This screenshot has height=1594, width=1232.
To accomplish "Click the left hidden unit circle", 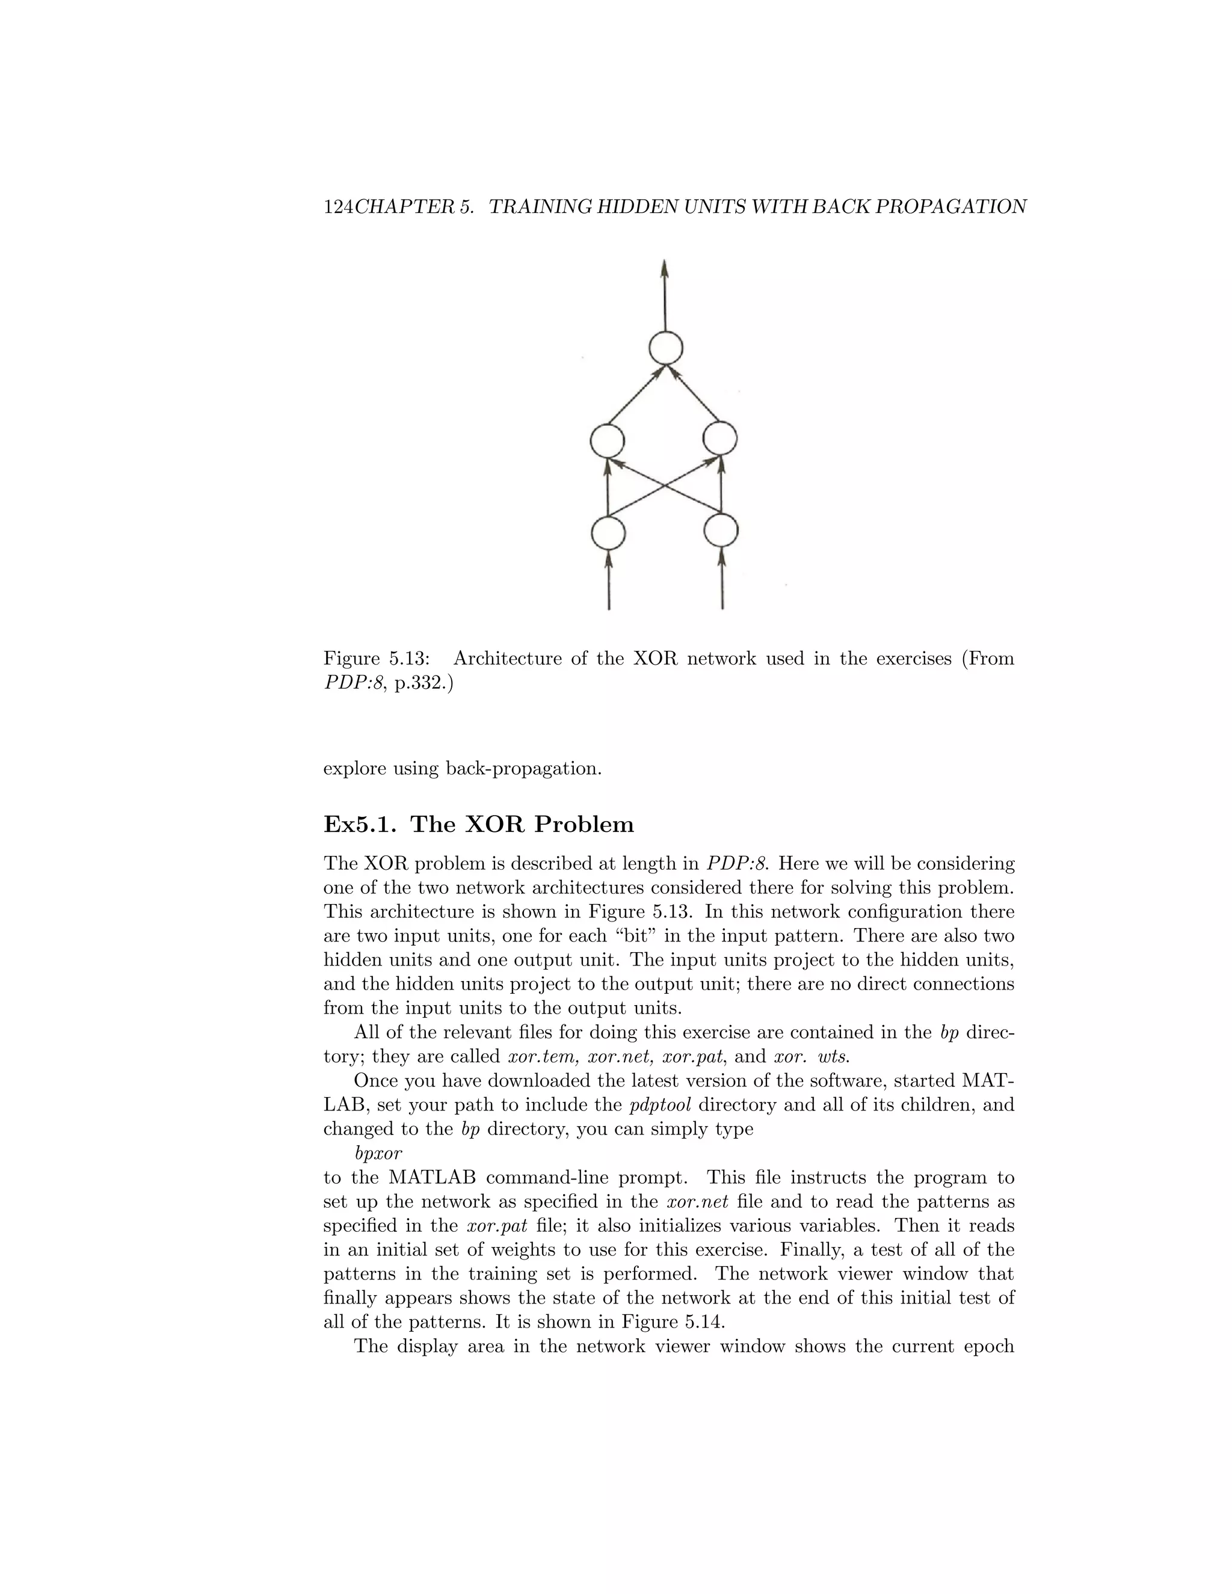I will coord(607,441).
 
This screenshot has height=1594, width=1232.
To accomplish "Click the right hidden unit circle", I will coord(719,439).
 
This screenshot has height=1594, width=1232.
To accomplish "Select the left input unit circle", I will coord(608,533).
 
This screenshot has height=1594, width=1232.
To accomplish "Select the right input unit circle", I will coord(721,531).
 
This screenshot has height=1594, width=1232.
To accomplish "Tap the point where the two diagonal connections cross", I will coord(664,485).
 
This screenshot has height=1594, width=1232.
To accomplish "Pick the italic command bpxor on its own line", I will coord(378,1154).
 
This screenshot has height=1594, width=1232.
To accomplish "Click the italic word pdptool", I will coord(660,1105).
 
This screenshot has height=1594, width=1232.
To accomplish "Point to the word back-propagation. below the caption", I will coord(523,769).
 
